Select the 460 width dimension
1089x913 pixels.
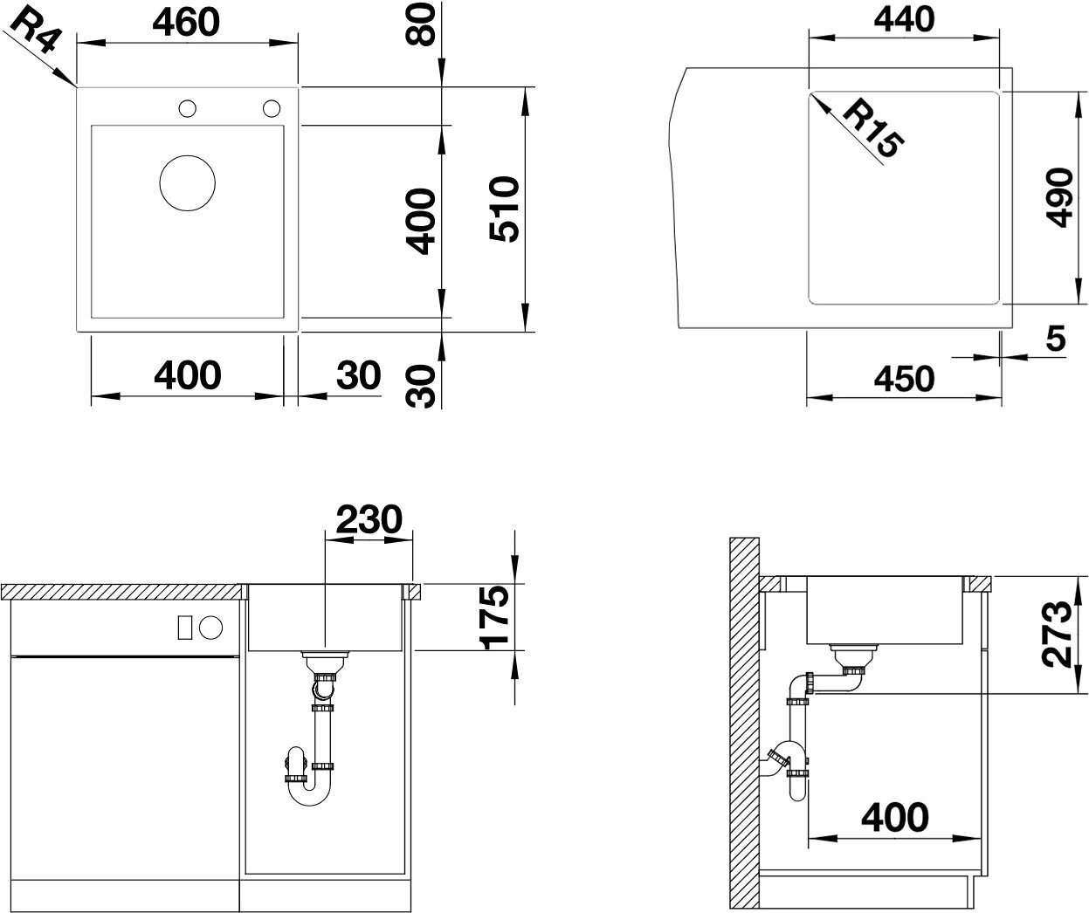point(186,23)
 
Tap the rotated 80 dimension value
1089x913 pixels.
point(420,24)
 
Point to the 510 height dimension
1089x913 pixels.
point(505,209)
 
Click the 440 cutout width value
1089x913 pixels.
point(904,20)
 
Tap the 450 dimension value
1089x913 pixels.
point(904,379)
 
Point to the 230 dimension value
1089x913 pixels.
point(369,518)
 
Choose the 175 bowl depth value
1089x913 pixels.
point(493,617)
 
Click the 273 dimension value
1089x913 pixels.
point(1058,635)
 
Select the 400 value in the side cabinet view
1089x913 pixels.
point(895,817)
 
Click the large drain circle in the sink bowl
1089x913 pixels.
point(187,183)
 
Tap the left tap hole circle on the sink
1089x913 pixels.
point(187,109)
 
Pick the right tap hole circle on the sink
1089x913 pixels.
point(272,108)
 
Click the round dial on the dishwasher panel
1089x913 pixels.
point(210,628)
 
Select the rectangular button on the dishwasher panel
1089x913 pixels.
point(184,628)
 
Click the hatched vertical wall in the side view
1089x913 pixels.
point(744,724)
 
